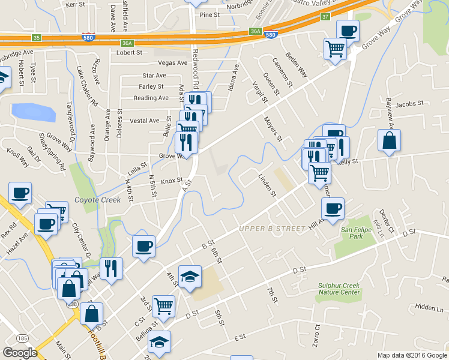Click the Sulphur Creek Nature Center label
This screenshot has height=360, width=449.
[x=339, y=289]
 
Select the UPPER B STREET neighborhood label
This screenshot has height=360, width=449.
[x=271, y=229]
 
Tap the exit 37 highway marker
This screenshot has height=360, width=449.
[x=325, y=17]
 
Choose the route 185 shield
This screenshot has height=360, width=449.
[x=22, y=338]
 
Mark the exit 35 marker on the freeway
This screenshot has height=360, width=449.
[x=37, y=38]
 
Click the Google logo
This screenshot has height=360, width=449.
[x=20, y=352]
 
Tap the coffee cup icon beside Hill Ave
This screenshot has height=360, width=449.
[x=333, y=208]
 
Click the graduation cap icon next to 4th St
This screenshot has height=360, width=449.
[x=190, y=276]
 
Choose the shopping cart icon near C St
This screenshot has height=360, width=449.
[x=163, y=306]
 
